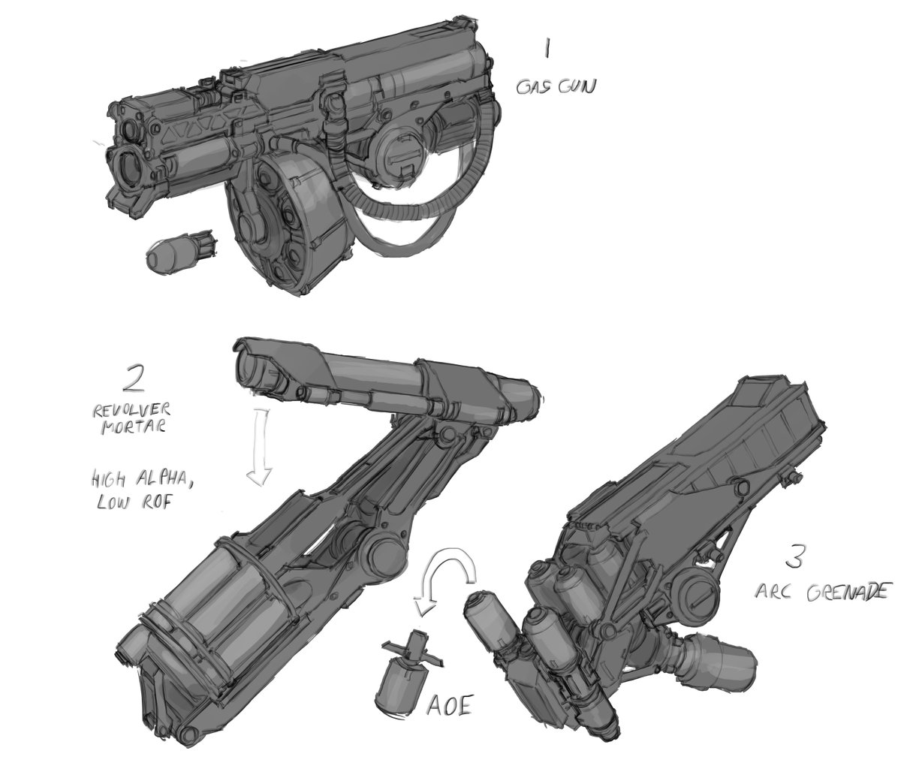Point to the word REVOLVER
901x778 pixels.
(131, 411)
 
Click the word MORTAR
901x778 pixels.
(134, 427)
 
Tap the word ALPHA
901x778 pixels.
(163, 481)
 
